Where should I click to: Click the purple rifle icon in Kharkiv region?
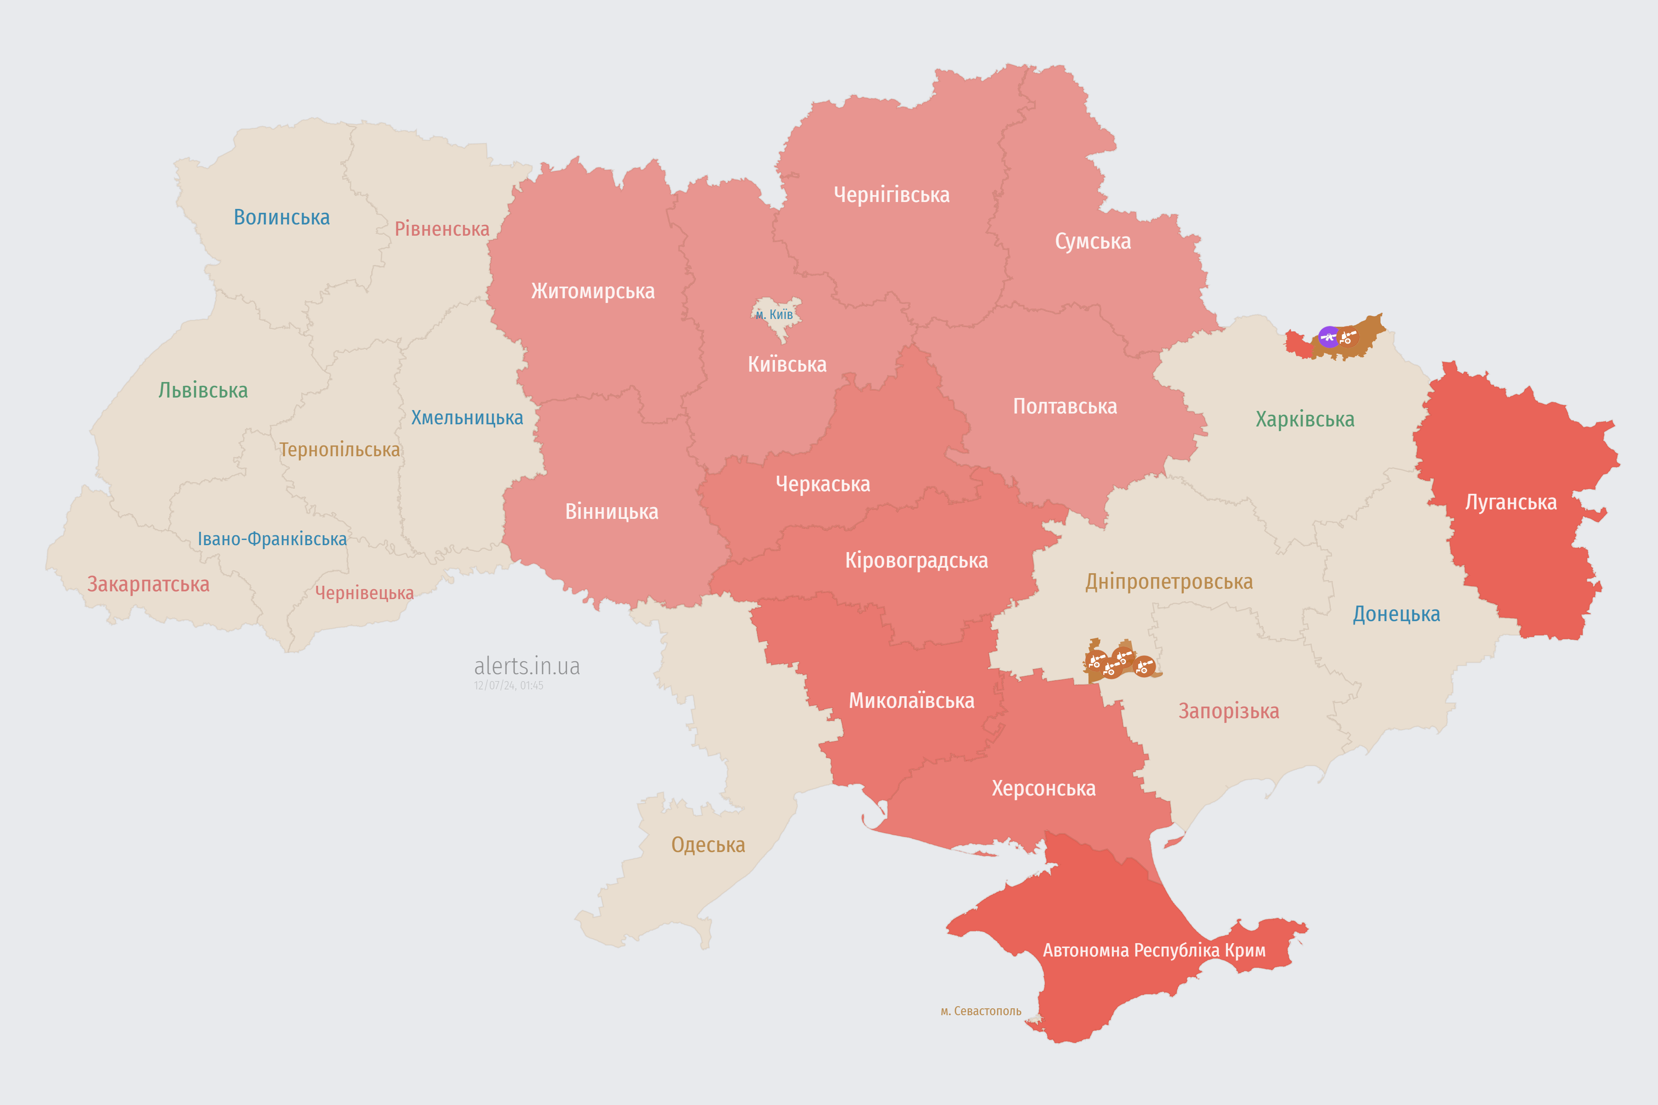tap(1329, 337)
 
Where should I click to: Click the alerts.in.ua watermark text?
tap(527, 666)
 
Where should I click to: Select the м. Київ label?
tap(774, 314)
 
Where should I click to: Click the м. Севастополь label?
tap(981, 1011)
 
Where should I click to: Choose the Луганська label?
tap(1511, 502)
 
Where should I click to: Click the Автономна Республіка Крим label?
tap(1154, 950)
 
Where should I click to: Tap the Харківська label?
tap(1305, 419)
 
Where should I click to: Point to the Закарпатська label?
tap(148, 584)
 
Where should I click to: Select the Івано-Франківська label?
tap(272, 539)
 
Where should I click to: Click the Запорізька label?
tap(1229, 711)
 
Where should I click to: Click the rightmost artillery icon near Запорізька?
tap(1144, 666)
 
